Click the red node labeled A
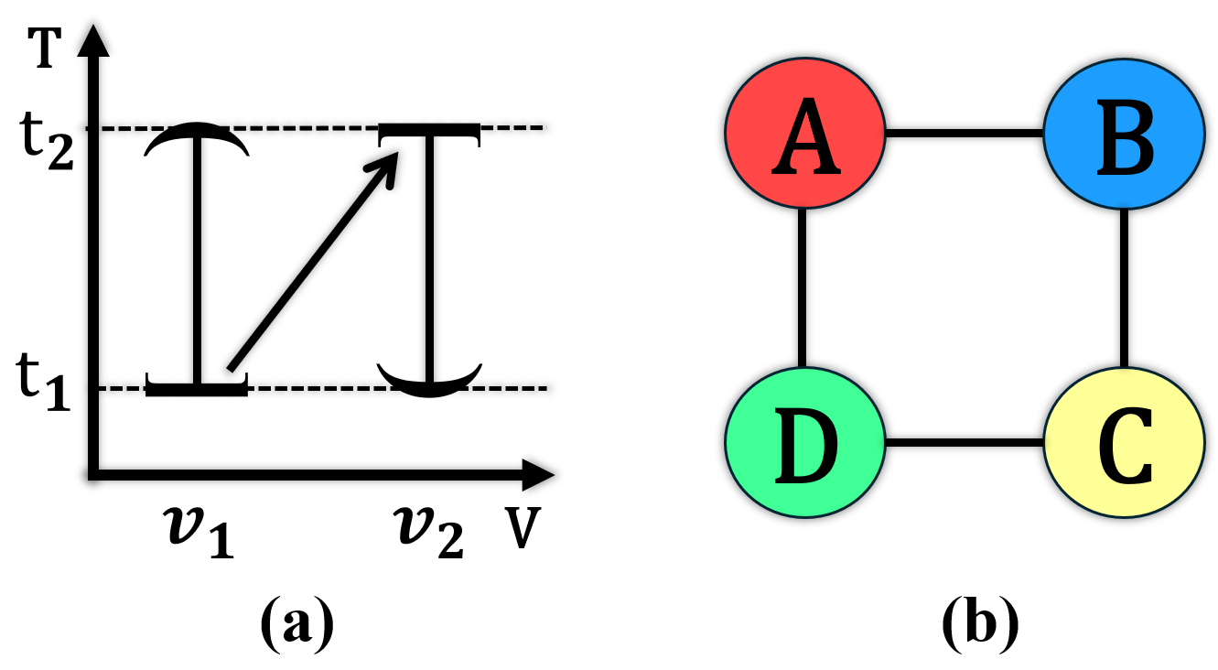pos(805,134)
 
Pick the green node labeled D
pos(805,444)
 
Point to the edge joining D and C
pos(965,444)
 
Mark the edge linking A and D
pos(803,288)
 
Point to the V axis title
pos(521,531)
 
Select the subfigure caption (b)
pos(979,623)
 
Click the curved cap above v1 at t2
pos(196,137)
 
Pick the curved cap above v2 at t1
pos(429,383)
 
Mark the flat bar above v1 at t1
pos(196,390)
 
